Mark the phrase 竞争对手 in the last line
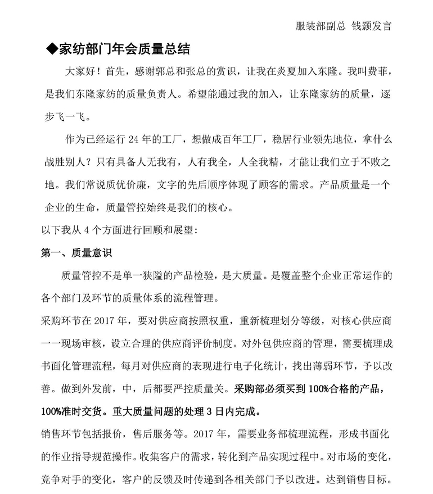click(62, 479)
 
